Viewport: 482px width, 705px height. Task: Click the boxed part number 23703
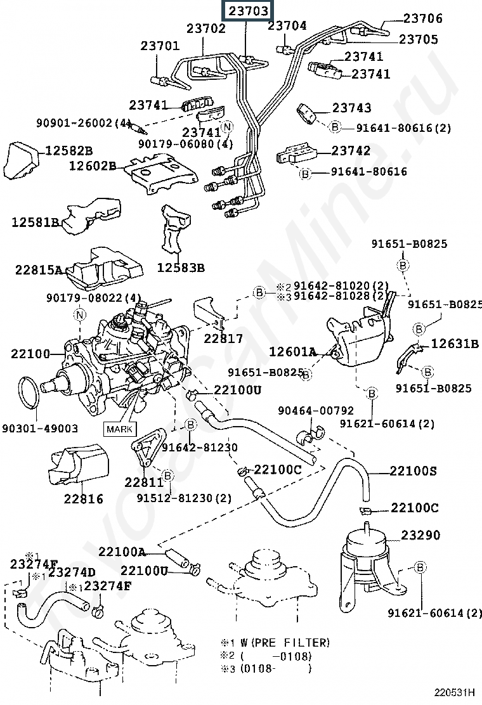pyautogui.click(x=247, y=11)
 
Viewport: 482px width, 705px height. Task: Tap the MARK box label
pyautogui.click(x=120, y=429)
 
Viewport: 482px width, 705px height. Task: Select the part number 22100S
pyautogui.click(x=413, y=471)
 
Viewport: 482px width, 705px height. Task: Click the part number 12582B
pyautogui.click(x=68, y=150)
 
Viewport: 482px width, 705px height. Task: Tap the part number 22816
pyautogui.click(x=83, y=498)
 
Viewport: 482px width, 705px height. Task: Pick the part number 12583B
pyautogui.click(x=181, y=268)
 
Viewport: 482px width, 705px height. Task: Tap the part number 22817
pyautogui.click(x=223, y=339)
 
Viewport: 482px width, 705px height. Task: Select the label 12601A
pyautogui.click(x=292, y=351)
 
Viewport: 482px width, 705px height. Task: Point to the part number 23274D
pyautogui.click(x=72, y=572)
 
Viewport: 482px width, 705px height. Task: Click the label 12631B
pyautogui.click(x=455, y=344)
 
